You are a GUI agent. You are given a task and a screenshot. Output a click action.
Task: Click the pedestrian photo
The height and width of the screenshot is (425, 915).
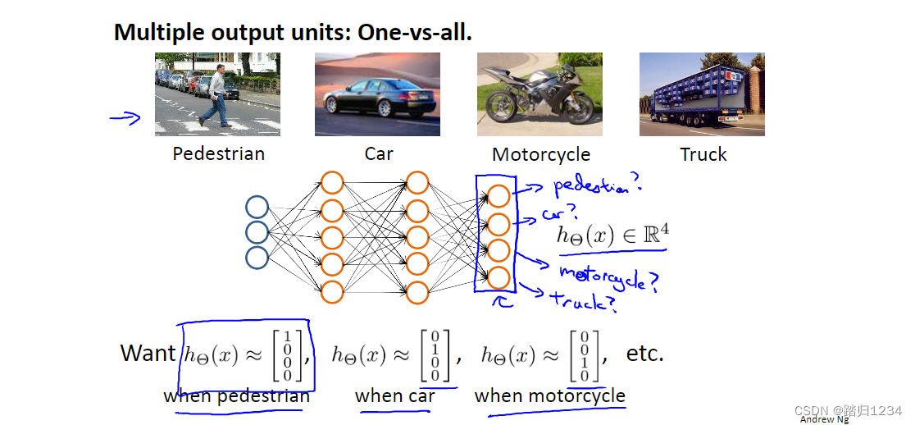pos(217,94)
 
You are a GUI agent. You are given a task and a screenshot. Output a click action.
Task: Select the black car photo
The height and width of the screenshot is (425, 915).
pos(377,94)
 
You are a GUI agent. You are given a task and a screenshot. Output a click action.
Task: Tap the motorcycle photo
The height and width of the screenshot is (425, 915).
pos(539,94)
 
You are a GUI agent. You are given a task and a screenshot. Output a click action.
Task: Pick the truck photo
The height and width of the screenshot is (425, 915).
pos(702,94)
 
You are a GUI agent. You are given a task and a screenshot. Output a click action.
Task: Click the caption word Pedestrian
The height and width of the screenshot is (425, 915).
pos(219,153)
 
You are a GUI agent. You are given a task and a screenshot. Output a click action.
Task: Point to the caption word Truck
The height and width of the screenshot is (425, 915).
pos(703,154)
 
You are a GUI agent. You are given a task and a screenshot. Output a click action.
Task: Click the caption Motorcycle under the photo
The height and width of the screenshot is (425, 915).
pos(541,155)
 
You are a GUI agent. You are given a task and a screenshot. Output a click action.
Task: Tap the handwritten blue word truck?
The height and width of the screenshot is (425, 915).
pos(584,301)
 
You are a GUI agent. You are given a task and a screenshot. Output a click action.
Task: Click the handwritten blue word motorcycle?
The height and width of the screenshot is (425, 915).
pos(609,279)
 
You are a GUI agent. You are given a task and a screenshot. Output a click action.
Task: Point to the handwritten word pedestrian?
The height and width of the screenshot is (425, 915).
pos(598,186)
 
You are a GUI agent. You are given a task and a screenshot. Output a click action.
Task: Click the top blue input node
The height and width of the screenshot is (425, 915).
pos(257,208)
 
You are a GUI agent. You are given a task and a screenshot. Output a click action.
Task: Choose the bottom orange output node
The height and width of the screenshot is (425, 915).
pos(498,278)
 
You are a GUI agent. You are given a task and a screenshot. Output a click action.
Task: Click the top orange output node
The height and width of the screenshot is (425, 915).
pos(498,195)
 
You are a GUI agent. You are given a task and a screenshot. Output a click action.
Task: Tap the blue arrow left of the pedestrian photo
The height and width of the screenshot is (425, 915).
pos(125,118)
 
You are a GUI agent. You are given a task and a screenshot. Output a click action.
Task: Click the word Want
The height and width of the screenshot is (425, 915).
pos(148,353)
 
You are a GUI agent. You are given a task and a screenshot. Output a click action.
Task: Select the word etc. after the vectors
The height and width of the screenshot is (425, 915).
pos(644,353)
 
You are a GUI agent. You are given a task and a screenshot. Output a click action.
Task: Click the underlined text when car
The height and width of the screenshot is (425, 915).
pos(395,395)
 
